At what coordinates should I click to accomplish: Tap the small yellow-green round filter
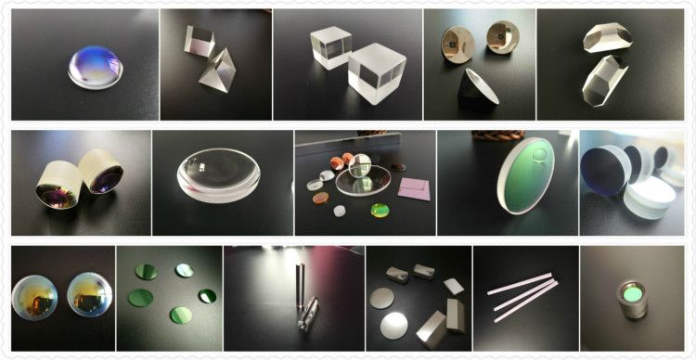pyautogui.click(x=380, y=211)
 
